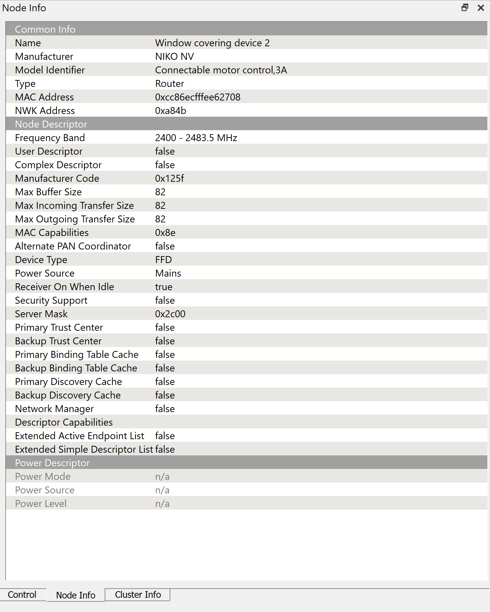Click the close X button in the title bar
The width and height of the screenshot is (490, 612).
coord(481,8)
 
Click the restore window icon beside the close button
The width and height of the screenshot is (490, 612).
coord(465,8)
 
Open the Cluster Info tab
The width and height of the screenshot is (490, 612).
coord(138,594)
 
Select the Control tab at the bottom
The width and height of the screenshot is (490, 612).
coord(22,594)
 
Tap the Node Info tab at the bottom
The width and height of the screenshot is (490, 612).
coord(76,595)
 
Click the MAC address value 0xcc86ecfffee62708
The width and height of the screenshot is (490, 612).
coord(198,97)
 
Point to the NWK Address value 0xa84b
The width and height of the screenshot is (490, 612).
coord(171,111)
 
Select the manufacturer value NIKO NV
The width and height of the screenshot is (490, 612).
coord(174,57)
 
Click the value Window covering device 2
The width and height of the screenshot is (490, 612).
coord(212,43)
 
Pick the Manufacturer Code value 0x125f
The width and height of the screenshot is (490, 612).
coord(169,178)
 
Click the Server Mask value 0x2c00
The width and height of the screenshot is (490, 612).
coord(170,314)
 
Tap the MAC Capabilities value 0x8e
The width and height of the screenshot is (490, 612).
coord(165,233)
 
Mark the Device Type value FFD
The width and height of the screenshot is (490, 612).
coord(163,260)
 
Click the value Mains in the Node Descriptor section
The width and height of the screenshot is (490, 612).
coord(168,273)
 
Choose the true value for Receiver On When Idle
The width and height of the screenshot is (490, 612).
coord(164,287)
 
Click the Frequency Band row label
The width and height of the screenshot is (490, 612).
coord(50,138)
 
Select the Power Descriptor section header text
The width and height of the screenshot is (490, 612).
coord(52,463)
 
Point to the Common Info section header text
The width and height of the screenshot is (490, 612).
coord(45,29)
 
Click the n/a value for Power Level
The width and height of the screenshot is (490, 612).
coord(162,504)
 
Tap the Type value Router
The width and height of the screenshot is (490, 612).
coord(170,84)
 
